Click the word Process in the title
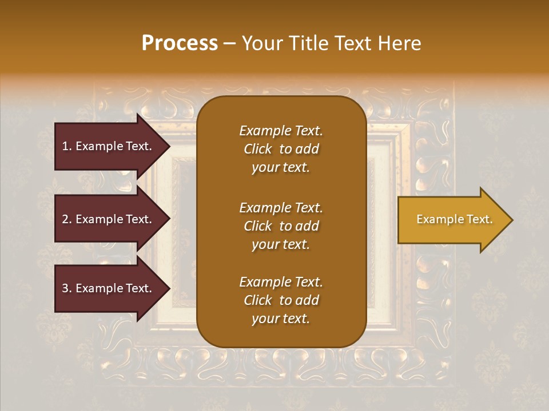click(180, 43)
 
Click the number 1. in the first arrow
click(67, 146)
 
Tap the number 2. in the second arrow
click(67, 219)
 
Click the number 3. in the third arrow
click(67, 288)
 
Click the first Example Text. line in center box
click(281, 131)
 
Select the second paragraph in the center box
click(281, 226)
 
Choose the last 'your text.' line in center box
click(281, 319)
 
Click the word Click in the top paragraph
click(258, 149)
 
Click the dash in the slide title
click(230, 43)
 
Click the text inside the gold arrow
click(455, 219)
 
